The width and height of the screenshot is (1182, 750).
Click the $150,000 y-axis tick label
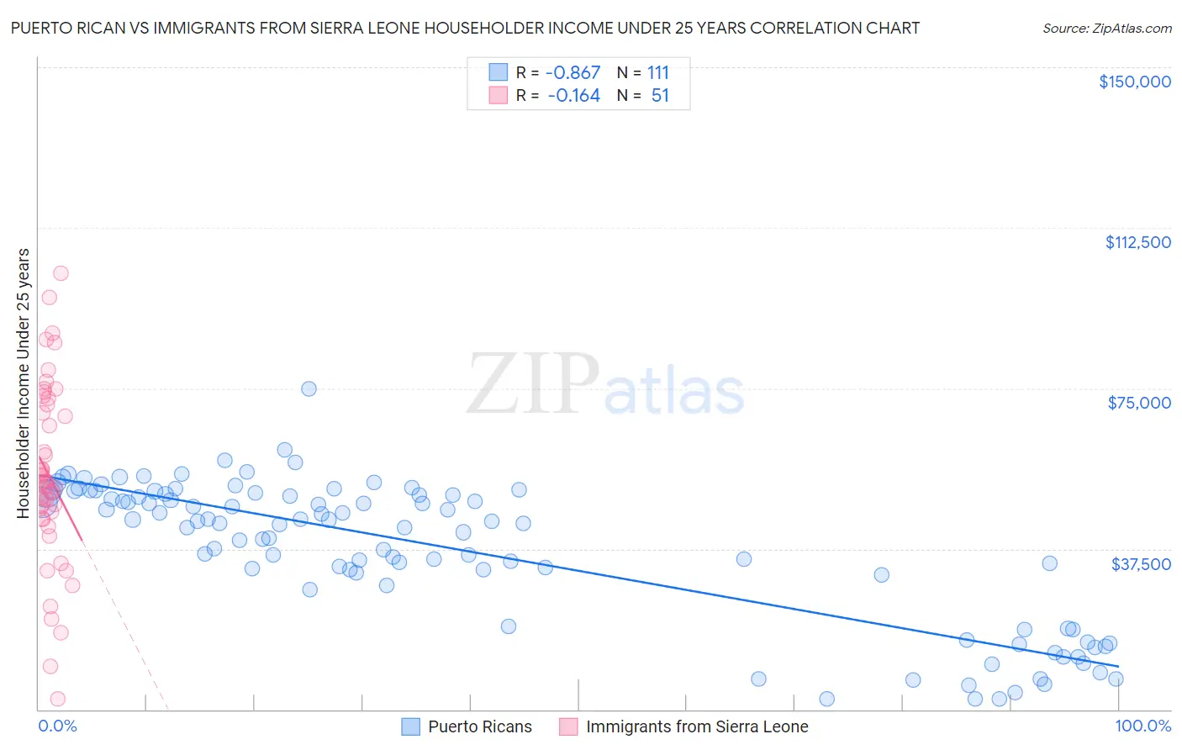point(1134,82)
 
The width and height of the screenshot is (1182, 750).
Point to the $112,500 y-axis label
point(1137,242)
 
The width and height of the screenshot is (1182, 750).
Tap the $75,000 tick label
point(1139,403)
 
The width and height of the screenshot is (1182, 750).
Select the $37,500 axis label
point(1140,564)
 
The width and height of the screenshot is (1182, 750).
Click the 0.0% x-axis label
point(57,726)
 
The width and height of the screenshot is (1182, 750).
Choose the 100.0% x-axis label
point(1142,726)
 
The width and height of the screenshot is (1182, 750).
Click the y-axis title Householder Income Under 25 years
point(23,383)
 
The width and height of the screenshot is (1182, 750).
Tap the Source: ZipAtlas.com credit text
point(1106,28)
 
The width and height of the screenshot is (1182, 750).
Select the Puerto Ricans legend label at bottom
point(479,726)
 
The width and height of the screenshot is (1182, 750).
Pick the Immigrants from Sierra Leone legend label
point(696,726)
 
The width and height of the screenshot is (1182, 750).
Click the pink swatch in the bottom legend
point(568,726)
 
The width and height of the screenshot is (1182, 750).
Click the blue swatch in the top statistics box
point(499,72)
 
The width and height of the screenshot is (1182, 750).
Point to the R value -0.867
point(573,72)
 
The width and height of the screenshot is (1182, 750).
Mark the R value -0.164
point(573,96)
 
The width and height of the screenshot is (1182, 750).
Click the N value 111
point(657,72)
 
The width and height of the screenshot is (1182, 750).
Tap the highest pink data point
point(61,273)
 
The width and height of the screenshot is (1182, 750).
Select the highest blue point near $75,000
point(309,388)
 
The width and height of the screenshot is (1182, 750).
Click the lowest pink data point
point(58,699)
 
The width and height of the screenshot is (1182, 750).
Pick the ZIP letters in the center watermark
point(532,383)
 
